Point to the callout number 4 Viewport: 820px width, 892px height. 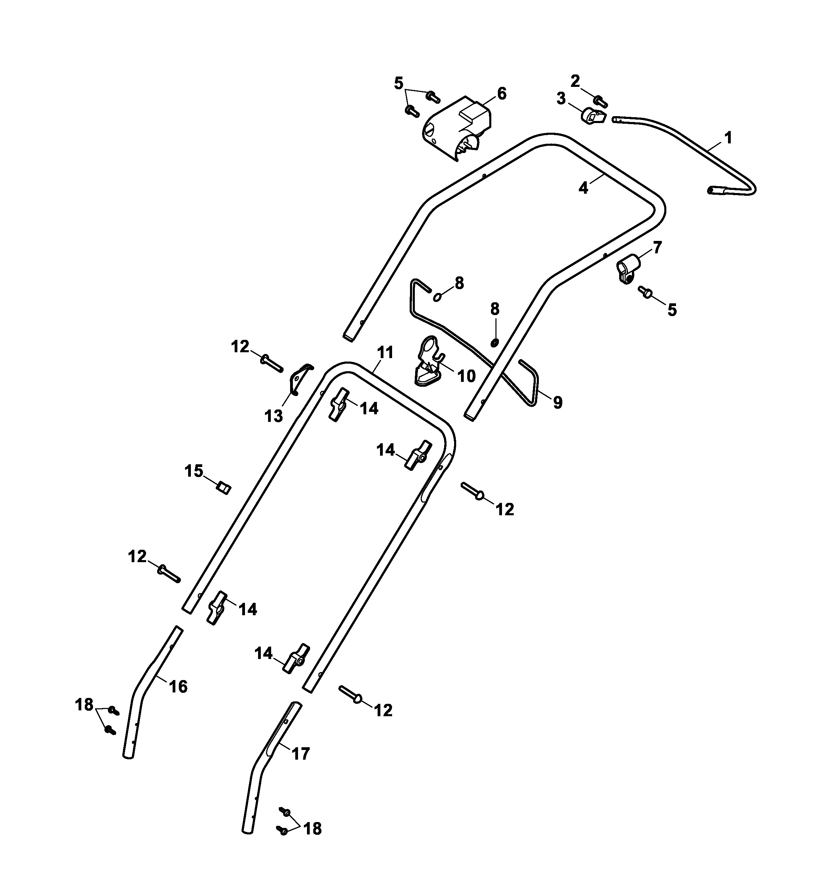[583, 188]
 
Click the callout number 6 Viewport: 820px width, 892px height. [501, 94]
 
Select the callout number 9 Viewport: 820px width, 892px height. [557, 402]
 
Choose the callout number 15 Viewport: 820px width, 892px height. [194, 471]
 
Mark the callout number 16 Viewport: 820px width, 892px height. [178, 687]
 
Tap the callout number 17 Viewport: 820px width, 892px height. [300, 753]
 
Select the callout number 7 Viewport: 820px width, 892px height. [657, 247]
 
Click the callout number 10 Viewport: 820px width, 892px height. [466, 376]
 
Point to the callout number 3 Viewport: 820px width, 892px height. [561, 99]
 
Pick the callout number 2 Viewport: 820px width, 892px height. [575, 81]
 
